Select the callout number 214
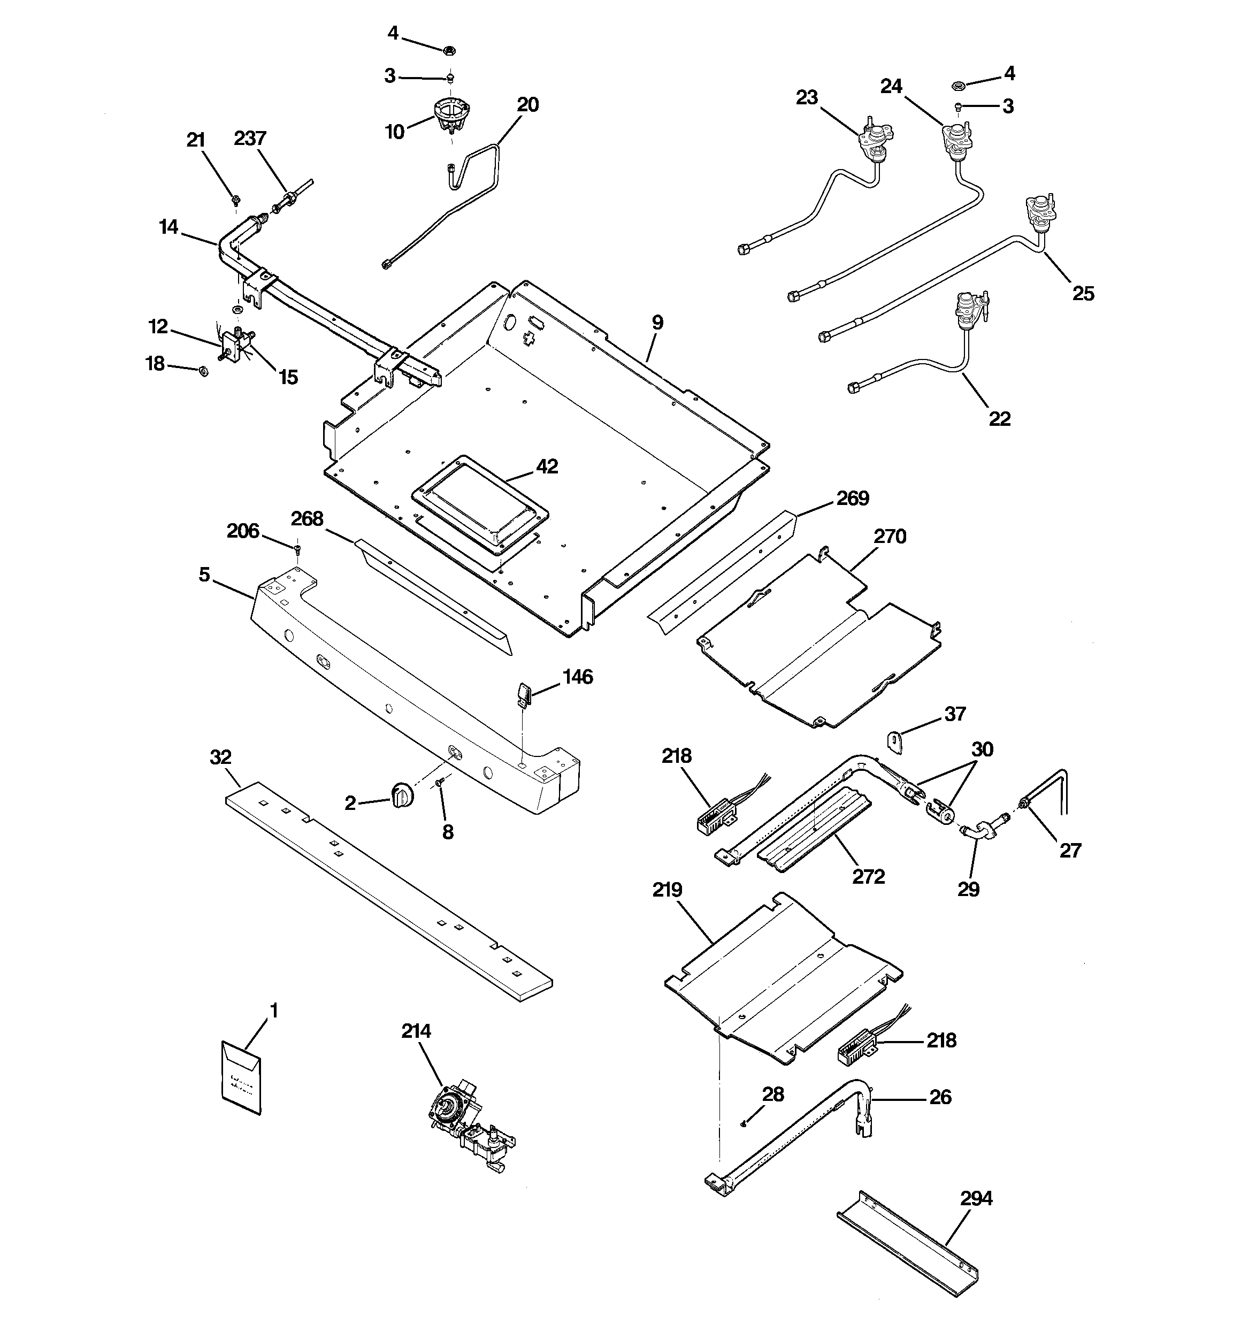click(x=416, y=1031)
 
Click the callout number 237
click(x=250, y=139)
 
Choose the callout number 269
click(x=853, y=498)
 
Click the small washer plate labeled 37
click(x=897, y=742)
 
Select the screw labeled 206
click(x=297, y=548)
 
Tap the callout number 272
click(x=869, y=876)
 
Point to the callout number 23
click(x=807, y=98)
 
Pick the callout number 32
click(x=220, y=757)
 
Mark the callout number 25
click(x=1083, y=293)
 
